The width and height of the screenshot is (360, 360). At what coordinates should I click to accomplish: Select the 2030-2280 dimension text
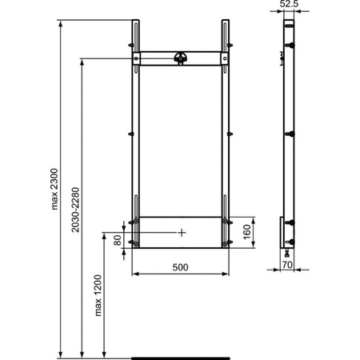pos(75,210)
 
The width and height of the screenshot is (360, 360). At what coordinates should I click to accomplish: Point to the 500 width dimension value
pos(179,267)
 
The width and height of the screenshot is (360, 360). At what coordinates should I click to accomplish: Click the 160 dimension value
pos(248,231)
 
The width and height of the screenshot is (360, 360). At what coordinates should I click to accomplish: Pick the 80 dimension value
pos(118,240)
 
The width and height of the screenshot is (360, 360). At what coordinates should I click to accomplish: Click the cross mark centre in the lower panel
pos(182,232)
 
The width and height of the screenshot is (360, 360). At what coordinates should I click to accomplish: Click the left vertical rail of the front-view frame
pos(136,144)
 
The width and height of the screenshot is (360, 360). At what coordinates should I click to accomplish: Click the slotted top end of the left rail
pos(136,32)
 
